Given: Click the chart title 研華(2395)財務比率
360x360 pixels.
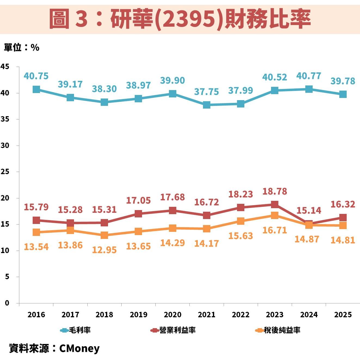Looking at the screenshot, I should (180, 19).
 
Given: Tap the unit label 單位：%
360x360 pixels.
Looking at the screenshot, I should (21, 48).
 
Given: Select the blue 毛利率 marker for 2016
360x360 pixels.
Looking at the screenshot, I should (36, 89).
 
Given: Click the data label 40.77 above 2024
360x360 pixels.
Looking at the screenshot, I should (309, 76).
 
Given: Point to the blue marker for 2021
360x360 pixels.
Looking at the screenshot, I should (207, 105).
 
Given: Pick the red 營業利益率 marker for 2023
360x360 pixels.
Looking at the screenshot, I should (275, 204).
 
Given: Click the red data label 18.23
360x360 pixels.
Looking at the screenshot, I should (241, 194).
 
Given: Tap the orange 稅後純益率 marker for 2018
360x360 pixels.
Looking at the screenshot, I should (104, 235).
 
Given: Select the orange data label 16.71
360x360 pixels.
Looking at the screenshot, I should (275, 230).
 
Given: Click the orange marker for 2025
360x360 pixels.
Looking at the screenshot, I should (343, 225).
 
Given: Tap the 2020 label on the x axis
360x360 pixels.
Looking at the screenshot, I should (173, 315).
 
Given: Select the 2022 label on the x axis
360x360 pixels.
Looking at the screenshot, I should (241, 315).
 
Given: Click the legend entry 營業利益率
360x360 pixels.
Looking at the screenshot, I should (173, 330).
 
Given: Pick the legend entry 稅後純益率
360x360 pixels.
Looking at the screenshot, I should (278, 330).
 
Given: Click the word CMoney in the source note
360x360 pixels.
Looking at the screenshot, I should (79, 348).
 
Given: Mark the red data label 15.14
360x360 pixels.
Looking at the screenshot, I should (309, 210).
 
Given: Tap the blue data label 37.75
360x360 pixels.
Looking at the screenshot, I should (207, 92).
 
